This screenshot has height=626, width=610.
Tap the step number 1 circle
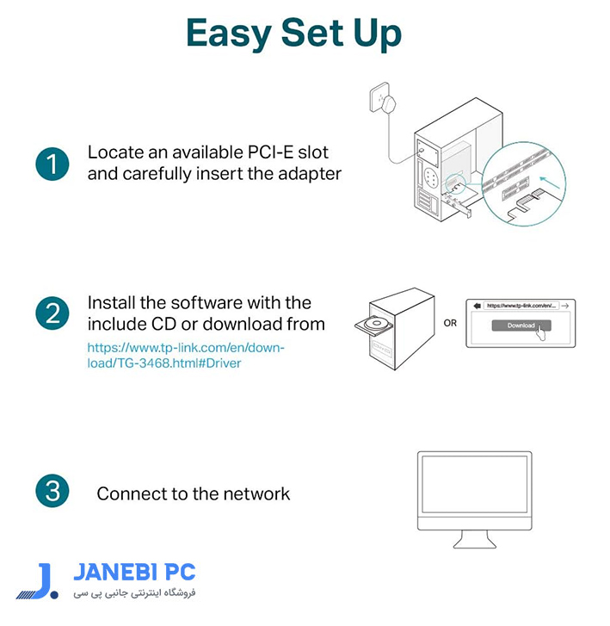(x=52, y=164)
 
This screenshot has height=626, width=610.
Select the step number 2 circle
(x=52, y=313)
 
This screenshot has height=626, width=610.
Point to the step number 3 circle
(x=52, y=491)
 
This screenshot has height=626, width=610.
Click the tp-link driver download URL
(x=186, y=356)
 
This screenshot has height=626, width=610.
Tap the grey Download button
(x=521, y=325)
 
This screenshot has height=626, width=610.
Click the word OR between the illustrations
(x=450, y=323)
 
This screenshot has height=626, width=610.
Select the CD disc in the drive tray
(x=376, y=323)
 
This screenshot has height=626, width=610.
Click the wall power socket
(x=379, y=97)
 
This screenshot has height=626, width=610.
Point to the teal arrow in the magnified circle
(x=550, y=182)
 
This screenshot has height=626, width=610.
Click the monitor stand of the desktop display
(x=474, y=539)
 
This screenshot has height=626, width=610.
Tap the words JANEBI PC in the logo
(x=134, y=572)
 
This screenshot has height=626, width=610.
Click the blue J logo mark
(x=38, y=581)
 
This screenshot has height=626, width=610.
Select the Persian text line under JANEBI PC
(x=134, y=593)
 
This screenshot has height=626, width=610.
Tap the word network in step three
(x=256, y=494)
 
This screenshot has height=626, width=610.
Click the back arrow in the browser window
(x=477, y=306)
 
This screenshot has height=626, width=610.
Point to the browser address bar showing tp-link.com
(x=521, y=306)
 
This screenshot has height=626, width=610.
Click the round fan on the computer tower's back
(x=431, y=177)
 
